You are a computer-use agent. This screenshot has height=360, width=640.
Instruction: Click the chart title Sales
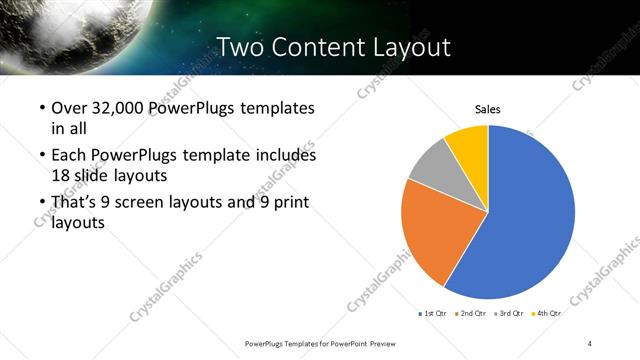[x=487, y=110]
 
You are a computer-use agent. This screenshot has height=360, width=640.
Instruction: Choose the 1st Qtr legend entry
[x=432, y=313]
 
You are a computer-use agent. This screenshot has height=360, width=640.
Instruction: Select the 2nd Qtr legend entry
[x=471, y=313]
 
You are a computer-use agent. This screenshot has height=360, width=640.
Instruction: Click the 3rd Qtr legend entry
[x=509, y=313]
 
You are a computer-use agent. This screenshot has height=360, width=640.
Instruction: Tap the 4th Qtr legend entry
[x=546, y=313]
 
